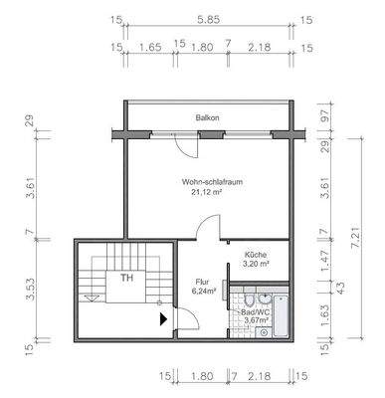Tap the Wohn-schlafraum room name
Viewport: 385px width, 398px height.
coord(209,182)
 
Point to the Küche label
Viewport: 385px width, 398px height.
coord(257,256)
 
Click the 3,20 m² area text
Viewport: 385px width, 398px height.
coord(257,267)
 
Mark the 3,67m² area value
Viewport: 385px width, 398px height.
coord(257,321)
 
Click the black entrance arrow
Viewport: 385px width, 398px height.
coord(163,319)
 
